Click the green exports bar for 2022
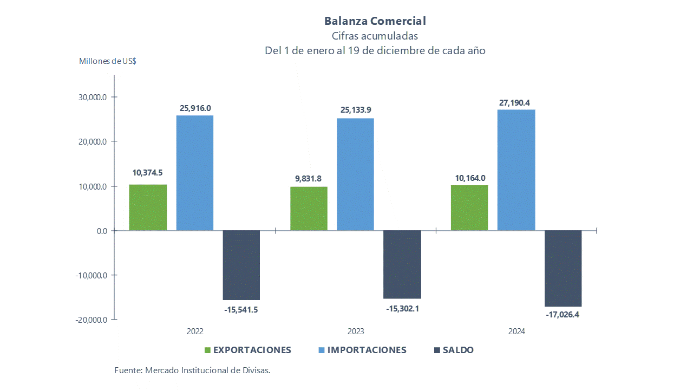click(x=148, y=207)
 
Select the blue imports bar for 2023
click(x=355, y=174)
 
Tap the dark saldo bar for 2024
click(x=563, y=268)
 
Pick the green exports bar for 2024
click(x=469, y=208)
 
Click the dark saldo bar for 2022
click(x=241, y=265)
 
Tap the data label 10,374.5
click(x=147, y=173)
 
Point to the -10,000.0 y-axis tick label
click(x=93, y=275)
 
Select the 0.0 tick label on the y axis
click(x=102, y=231)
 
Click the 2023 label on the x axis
click(x=355, y=331)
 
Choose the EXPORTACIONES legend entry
click(x=252, y=350)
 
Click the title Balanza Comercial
click(x=375, y=21)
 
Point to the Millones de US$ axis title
click(x=108, y=61)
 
